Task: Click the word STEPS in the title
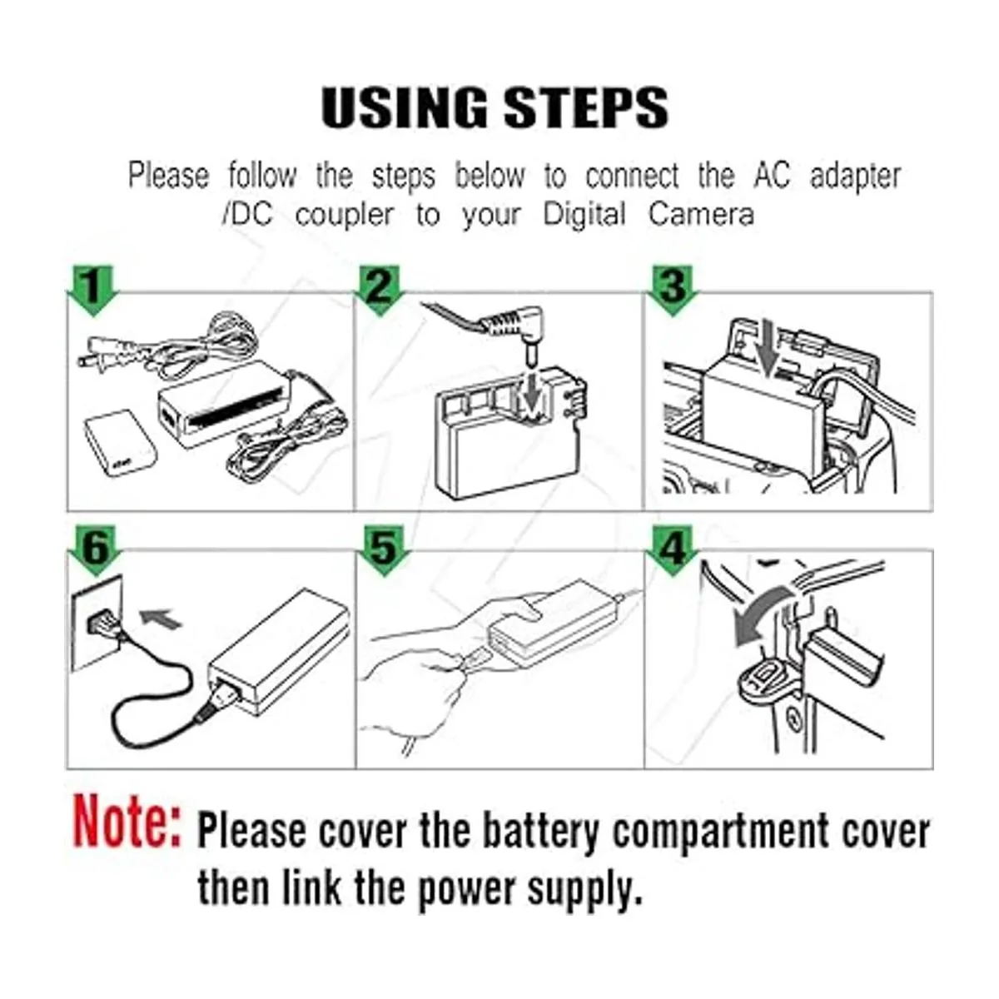click(586, 107)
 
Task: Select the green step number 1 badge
click(92, 290)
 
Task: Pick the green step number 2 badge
click(380, 290)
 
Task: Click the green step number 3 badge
click(672, 290)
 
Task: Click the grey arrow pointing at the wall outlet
click(161, 618)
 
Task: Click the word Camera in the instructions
click(701, 214)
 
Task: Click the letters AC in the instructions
click(772, 175)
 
